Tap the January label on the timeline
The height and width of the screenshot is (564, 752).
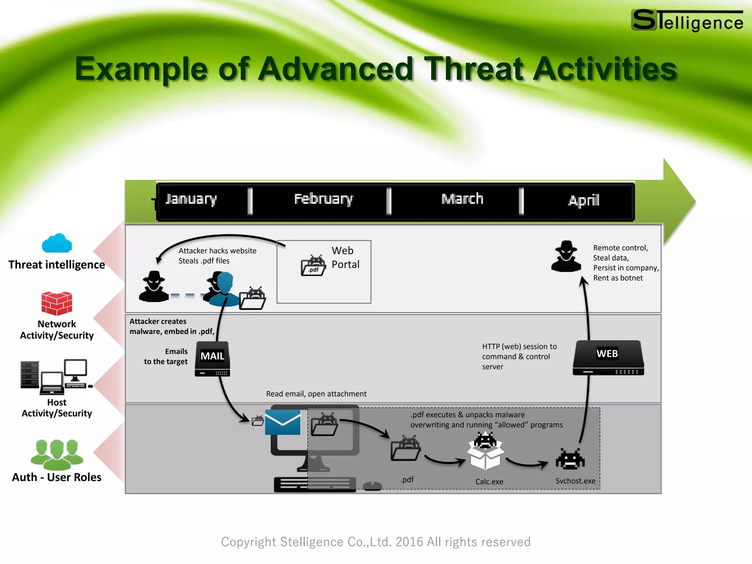tap(191, 199)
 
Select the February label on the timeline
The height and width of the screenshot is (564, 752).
tap(323, 199)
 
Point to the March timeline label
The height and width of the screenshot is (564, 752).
tap(462, 199)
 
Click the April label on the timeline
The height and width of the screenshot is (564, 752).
tap(583, 200)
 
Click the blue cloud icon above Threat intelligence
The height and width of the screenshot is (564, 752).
tap(57, 243)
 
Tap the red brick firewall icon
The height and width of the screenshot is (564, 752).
tap(57, 303)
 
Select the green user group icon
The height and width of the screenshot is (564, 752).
tap(57, 455)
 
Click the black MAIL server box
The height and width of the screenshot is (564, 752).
tap(212, 359)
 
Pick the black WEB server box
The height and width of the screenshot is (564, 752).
tap(608, 357)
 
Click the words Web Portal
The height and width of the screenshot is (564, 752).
tap(345, 257)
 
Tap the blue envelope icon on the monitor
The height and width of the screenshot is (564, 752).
tap(283, 422)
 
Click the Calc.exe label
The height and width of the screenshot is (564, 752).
tap(489, 482)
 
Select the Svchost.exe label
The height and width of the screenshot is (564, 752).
tap(575, 481)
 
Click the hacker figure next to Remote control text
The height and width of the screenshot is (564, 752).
tap(566, 257)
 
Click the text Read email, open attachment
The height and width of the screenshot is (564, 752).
tap(316, 394)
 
